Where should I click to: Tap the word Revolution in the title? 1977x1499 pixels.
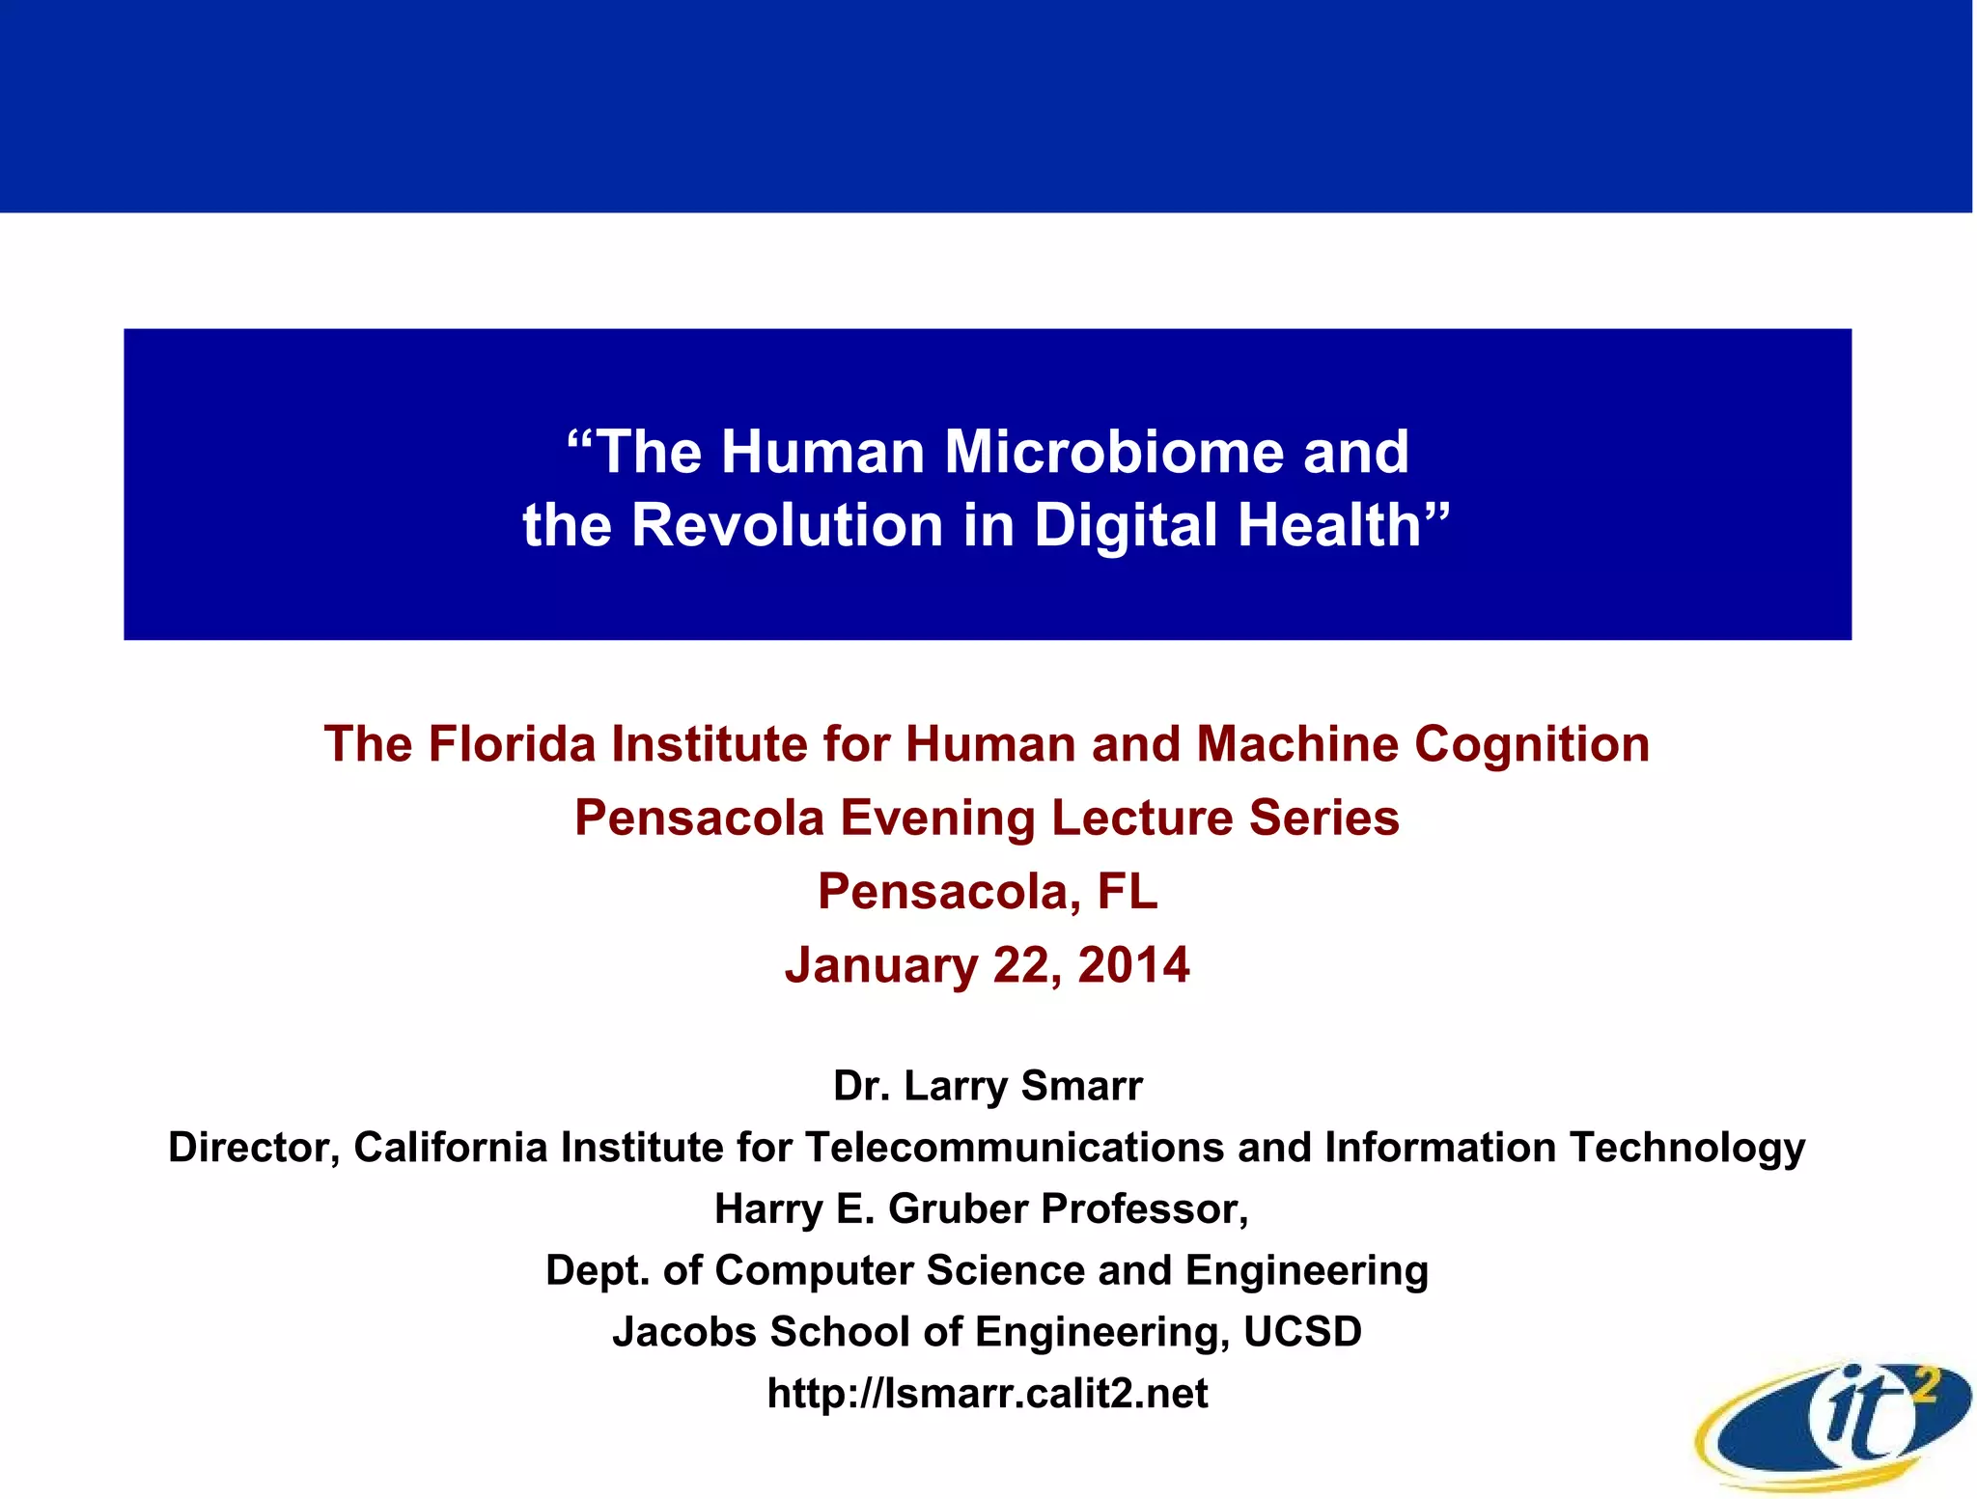click(x=787, y=526)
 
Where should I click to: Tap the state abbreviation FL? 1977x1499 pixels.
click(x=1127, y=891)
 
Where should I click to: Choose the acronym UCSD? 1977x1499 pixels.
click(x=1302, y=1332)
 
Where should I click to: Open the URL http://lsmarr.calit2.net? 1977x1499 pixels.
click(x=988, y=1394)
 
